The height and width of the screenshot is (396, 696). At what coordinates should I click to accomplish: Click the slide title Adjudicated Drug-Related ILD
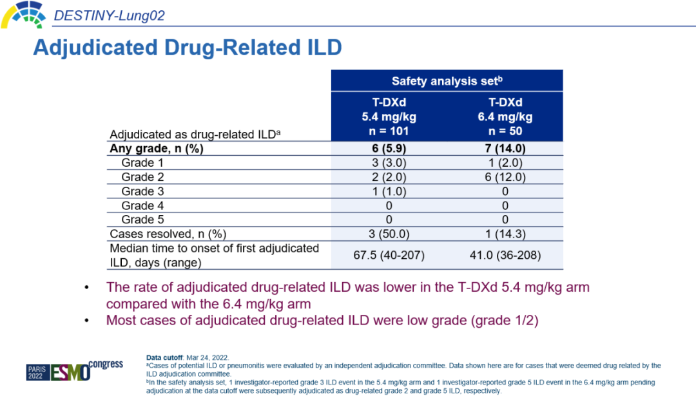click(x=187, y=48)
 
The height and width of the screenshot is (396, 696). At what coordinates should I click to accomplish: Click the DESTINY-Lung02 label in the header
click(x=110, y=15)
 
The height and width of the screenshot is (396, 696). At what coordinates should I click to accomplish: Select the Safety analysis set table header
click(x=447, y=81)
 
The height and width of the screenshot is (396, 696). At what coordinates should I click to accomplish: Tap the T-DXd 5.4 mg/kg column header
click(x=389, y=117)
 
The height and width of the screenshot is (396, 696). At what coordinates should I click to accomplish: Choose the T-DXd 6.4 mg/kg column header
click(x=505, y=117)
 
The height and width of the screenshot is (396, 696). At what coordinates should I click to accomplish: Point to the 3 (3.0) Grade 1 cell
click(x=389, y=163)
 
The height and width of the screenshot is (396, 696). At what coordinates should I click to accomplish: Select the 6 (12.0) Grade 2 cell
click(x=505, y=177)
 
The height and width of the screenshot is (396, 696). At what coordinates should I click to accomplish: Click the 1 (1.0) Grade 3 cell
click(x=389, y=191)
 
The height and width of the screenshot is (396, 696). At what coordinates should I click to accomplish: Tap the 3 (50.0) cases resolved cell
click(x=389, y=234)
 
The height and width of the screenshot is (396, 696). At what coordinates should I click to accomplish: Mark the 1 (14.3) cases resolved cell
click(x=505, y=234)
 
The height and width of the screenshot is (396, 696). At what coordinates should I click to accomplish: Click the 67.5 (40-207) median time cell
click(x=389, y=255)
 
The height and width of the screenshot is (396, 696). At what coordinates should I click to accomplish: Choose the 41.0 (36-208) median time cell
click(x=505, y=255)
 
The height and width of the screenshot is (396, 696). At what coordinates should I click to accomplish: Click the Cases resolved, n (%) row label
click(x=168, y=234)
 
